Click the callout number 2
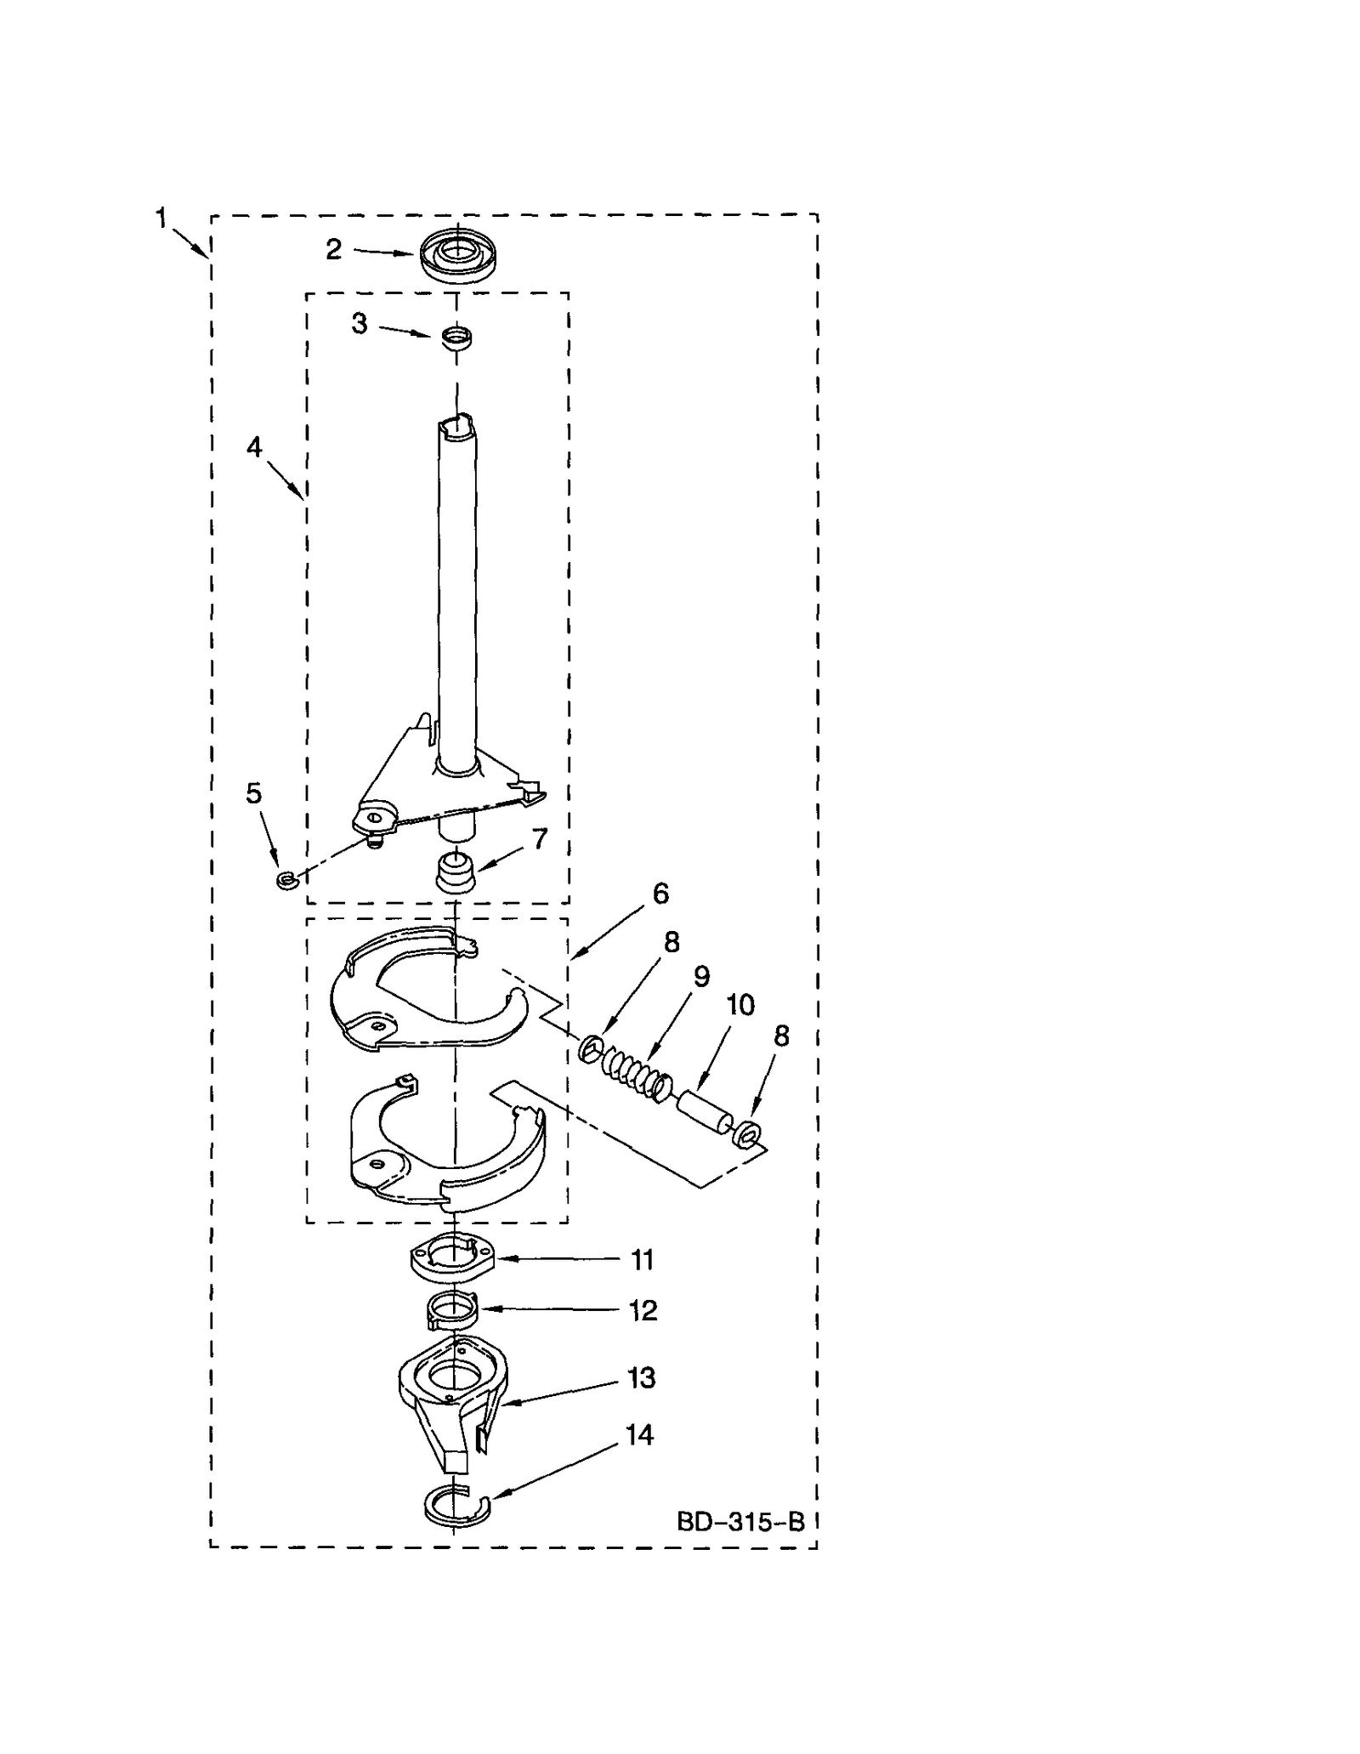[333, 249]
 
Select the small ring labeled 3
[456, 338]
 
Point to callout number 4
[254, 447]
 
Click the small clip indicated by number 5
[285, 879]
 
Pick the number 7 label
[540, 838]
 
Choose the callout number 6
[660, 894]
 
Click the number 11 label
[643, 1260]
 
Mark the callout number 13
[642, 1377]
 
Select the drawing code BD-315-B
[740, 1521]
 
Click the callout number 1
[161, 219]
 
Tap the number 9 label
[701, 976]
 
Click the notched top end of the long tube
[457, 424]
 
